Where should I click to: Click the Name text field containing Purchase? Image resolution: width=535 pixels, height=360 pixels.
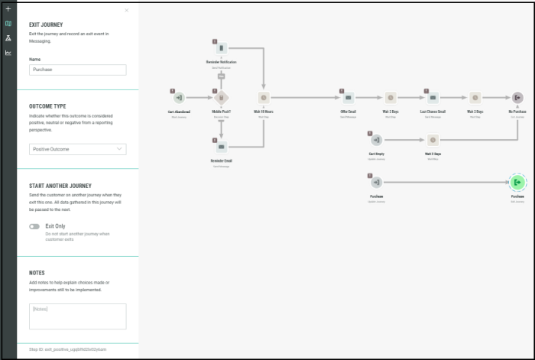tap(77, 70)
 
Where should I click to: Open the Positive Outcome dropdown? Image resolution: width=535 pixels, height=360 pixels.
tap(77, 149)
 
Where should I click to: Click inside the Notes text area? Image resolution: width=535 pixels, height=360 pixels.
tap(77, 316)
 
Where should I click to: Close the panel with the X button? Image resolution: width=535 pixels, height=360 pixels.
tap(127, 11)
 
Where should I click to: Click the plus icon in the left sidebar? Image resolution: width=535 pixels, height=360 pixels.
tap(8, 9)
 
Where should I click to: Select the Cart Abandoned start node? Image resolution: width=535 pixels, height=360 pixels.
tap(179, 98)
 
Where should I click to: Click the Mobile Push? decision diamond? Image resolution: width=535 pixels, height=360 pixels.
tap(222, 98)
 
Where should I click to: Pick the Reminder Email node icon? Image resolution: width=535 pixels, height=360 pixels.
tap(221, 147)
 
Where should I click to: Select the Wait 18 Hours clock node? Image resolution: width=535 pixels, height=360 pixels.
tap(264, 98)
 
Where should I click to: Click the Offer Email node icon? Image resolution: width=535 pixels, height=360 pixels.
tap(348, 98)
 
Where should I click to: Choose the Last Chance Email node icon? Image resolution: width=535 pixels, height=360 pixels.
tap(433, 98)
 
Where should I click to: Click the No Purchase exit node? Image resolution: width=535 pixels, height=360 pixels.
tap(517, 98)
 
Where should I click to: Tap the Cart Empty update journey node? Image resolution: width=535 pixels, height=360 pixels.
tap(376, 140)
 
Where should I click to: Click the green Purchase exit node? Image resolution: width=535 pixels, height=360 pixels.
tap(517, 182)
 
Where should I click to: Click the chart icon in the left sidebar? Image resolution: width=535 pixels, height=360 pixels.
tap(8, 53)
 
